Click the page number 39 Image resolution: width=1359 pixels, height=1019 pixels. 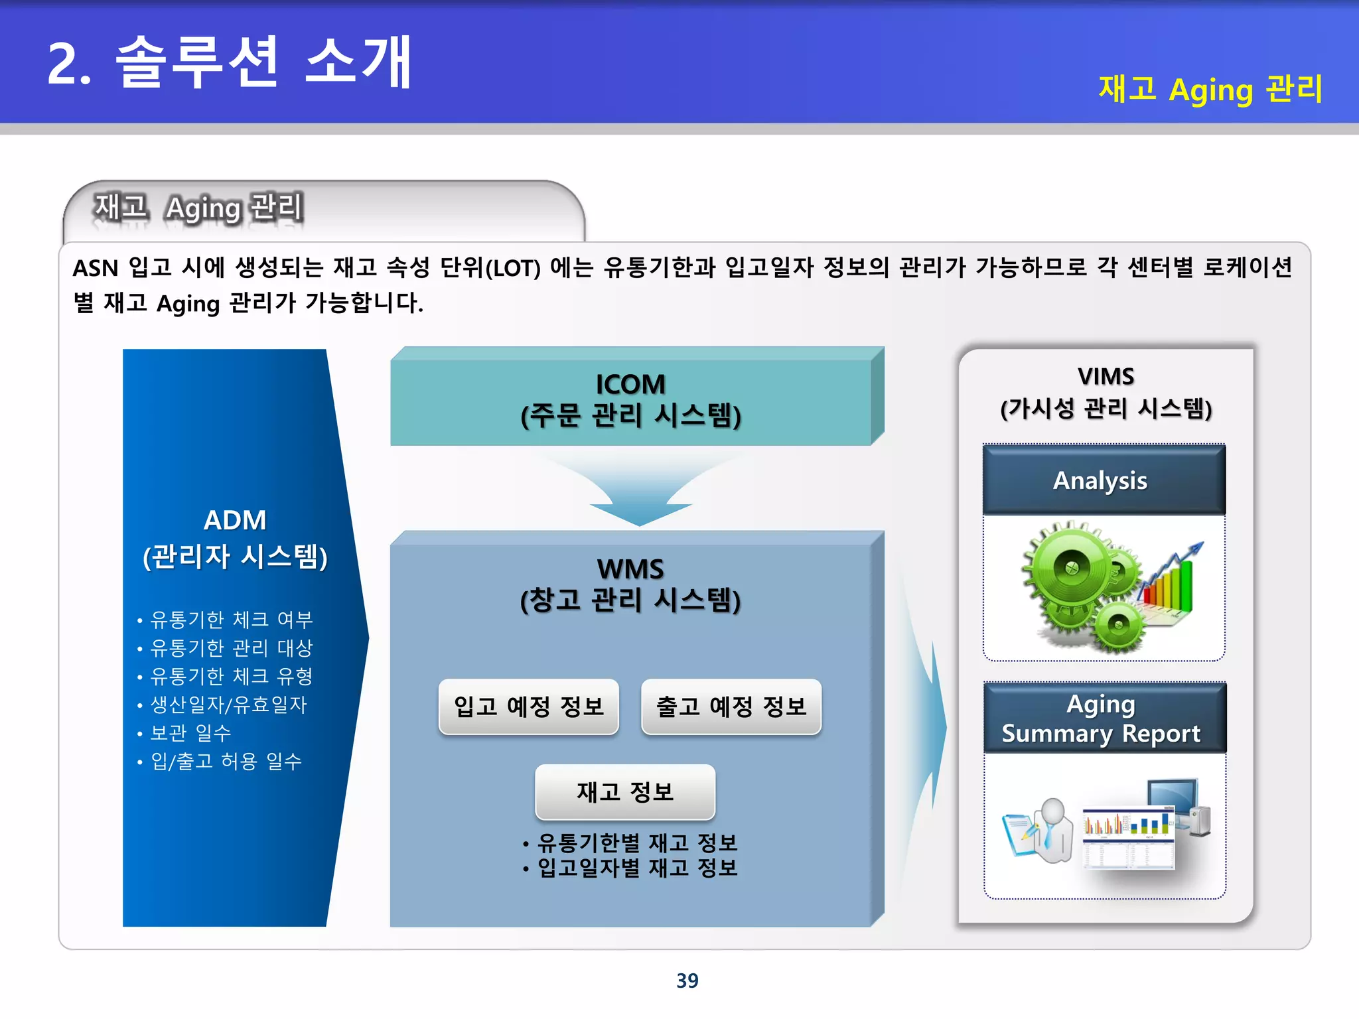pyautogui.click(x=687, y=981)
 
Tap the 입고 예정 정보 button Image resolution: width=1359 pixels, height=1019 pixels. pyautogui.click(x=529, y=707)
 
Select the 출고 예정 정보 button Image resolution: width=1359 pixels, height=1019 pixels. pyautogui.click(x=731, y=707)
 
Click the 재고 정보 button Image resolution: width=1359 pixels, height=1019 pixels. pyautogui.click(x=625, y=792)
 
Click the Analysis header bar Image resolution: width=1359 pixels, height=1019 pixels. pyautogui.click(x=1103, y=480)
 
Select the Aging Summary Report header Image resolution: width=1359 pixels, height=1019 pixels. pyautogui.click(x=1103, y=718)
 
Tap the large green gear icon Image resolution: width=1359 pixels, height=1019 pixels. pyautogui.click(x=1070, y=569)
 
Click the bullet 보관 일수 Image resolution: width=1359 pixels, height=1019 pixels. pyautogui.click(x=190, y=733)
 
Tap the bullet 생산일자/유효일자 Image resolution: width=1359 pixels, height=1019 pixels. pyautogui.click(x=228, y=705)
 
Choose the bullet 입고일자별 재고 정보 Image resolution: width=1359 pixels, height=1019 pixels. pyautogui.click(x=637, y=868)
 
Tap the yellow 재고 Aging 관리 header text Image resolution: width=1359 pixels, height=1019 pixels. pyautogui.click(x=1210, y=90)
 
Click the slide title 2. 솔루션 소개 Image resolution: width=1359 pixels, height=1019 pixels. pyautogui.click(x=229, y=63)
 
